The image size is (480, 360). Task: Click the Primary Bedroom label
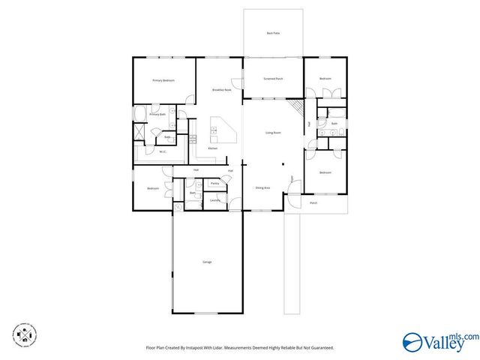pyautogui.click(x=163, y=80)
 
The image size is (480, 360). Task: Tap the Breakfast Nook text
pyautogui.click(x=221, y=89)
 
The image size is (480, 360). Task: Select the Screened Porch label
pyautogui.click(x=273, y=79)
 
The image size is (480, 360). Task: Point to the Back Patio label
pyautogui.click(x=273, y=33)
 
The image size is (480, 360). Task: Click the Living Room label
pyautogui.click(x=273, y=133)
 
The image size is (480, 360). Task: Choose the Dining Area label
pyautogui.click(x=262, y=187)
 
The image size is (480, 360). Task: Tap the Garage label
pyautogui.click(x=207, y=262)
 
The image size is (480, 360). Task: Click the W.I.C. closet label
pyautogui.click(x=162, y=152)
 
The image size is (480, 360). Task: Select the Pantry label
pyautogui.click(x=214, y=183)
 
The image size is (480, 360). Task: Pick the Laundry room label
pyautogui.click(x=214, y=200)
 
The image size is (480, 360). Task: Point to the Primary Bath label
pyautogui.click(x=157, y=115)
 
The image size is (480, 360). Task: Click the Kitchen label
pyautogui.click(x=213, y=148)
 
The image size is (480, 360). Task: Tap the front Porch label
pyautogui.click(x=313, y=202)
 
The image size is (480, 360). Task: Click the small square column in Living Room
pyautogui.click(x=283, y=165)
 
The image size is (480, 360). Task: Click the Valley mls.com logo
pyautogui.click(x=440, y=341)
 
